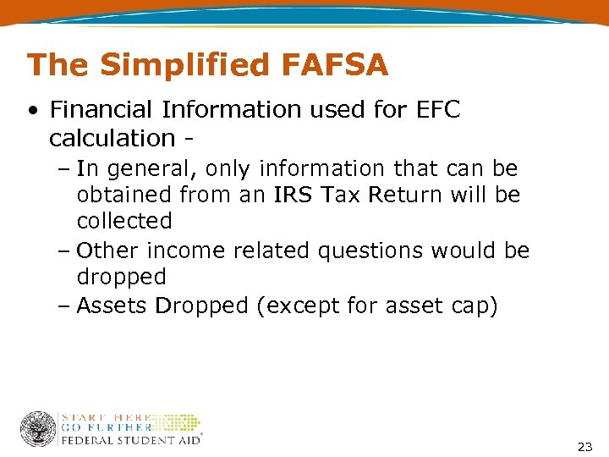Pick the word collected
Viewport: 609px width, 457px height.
coord(124,222)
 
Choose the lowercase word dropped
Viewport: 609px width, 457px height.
coord(121,278)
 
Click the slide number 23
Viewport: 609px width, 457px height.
coord(584,446)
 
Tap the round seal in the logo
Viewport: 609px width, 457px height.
coord(38,429)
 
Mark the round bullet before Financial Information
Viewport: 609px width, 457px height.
coord(32,111)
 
